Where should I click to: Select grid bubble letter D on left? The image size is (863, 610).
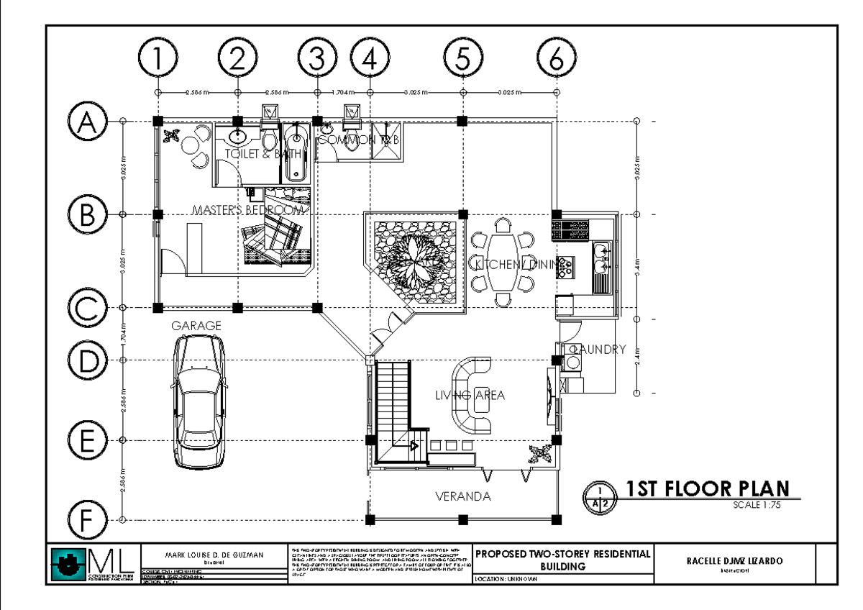[x=87, y=360]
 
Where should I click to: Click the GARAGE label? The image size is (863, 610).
[x=196, y=326]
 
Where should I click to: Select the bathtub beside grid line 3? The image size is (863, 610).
[x=295, y=152]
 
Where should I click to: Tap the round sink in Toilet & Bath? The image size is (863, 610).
[x=237, y=137]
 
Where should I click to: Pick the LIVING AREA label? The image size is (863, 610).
[x=470, y=395]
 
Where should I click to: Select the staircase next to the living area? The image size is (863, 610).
[x=392, y=410]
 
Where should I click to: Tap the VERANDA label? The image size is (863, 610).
[x=463, y=496]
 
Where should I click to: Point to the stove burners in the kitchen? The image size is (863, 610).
[x=566, y=267]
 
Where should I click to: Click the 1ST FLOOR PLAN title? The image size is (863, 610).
[x=707, y=489]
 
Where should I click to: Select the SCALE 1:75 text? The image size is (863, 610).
[x=757, y=505]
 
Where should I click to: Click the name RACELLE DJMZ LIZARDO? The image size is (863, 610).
[x=735, y=561]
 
